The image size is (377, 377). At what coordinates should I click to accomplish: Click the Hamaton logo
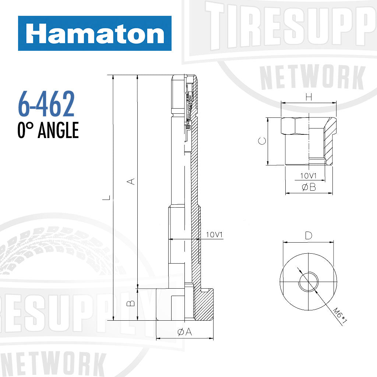[x=95, y=34]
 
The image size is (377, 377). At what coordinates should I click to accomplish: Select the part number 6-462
[x=46, y=105]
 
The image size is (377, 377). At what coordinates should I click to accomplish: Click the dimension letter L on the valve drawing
[x=106, y=198]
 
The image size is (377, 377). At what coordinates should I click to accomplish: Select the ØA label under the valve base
[x=185, y=332]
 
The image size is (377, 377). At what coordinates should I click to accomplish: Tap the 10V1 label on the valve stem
[x=215, y=235]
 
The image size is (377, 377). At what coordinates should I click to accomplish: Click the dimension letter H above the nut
[x=309, y=97]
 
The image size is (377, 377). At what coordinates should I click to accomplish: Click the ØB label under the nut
[x=309, y=187]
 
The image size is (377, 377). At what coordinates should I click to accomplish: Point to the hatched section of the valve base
[x=205, y=306]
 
